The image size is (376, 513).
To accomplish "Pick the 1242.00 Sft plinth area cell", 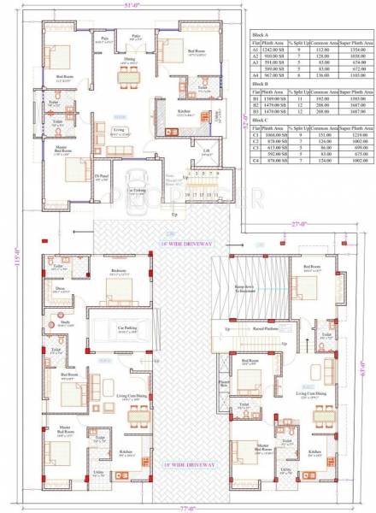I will point(273,50).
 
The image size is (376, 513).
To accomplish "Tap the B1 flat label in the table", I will point(255,98).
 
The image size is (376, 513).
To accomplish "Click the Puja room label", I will point(104,38).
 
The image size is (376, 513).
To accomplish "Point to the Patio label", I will point(136,36).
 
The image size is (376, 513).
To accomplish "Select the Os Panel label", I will point(101,178).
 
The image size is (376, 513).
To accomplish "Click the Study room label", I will point(60,323).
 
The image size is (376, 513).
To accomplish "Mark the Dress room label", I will point(60,288).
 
